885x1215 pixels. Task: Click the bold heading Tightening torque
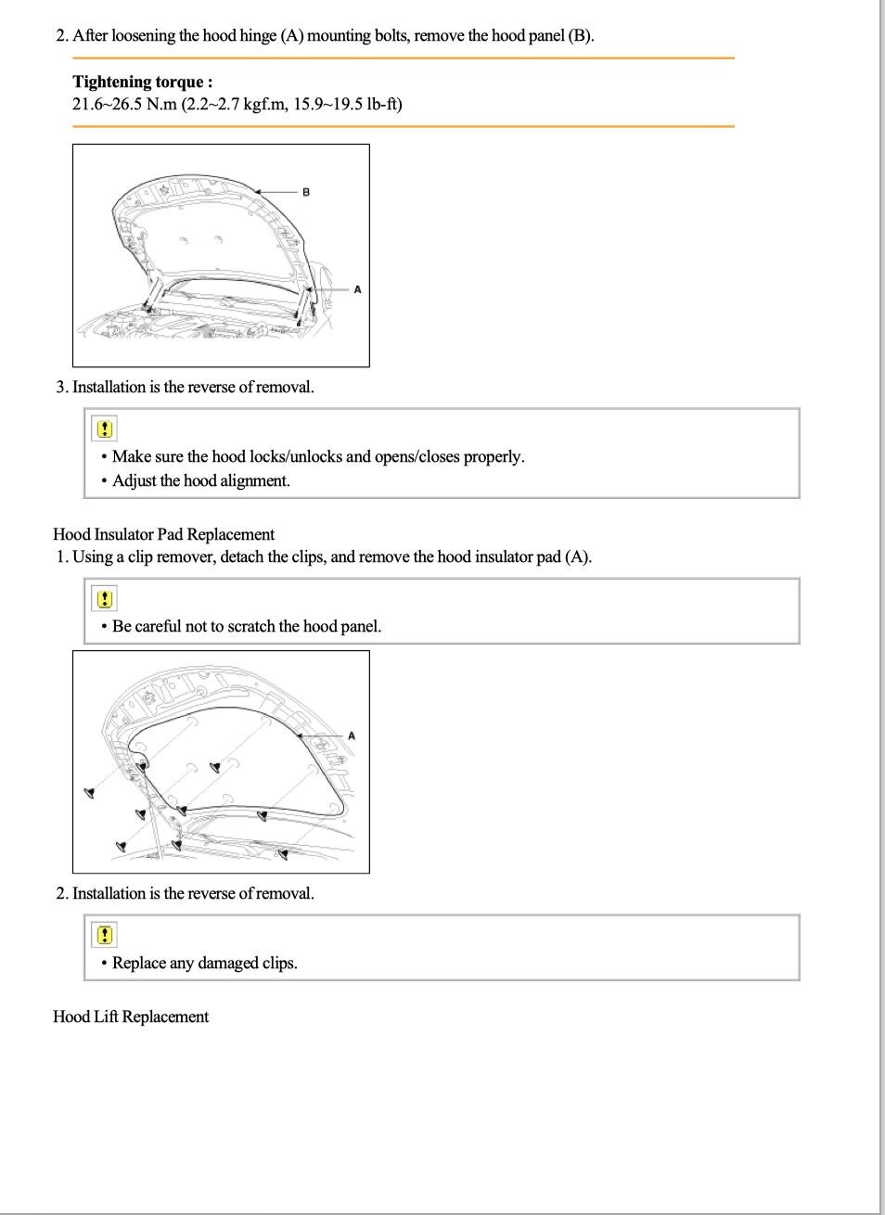142,82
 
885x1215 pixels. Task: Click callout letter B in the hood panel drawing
306,192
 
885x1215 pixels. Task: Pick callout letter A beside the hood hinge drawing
357,289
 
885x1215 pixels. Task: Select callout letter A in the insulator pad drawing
352,736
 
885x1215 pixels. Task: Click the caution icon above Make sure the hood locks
105,428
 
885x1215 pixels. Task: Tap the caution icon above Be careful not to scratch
105,598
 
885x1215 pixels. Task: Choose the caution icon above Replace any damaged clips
105,935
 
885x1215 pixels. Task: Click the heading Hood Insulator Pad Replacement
163,534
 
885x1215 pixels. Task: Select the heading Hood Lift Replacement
131,1017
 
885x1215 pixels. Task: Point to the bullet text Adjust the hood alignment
201,480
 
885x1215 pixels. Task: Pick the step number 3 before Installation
61,387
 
